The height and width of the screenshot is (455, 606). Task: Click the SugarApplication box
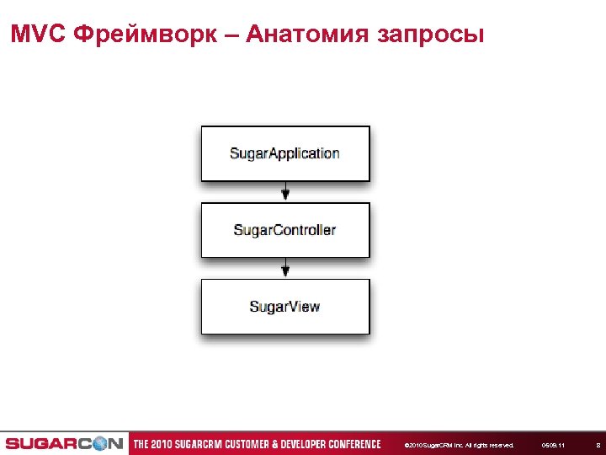pyautogui.click(x=284, y=153)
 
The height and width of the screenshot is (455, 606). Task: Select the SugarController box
pyautogui.click(x=284, y=230)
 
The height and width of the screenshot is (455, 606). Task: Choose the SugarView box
pyautogui.click(x=284, y=307)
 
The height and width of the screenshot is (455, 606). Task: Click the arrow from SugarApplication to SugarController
pyautogui.click(x=285, y=192)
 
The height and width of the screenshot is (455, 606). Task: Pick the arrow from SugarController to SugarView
pyautogui.click(x=285, y=269)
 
